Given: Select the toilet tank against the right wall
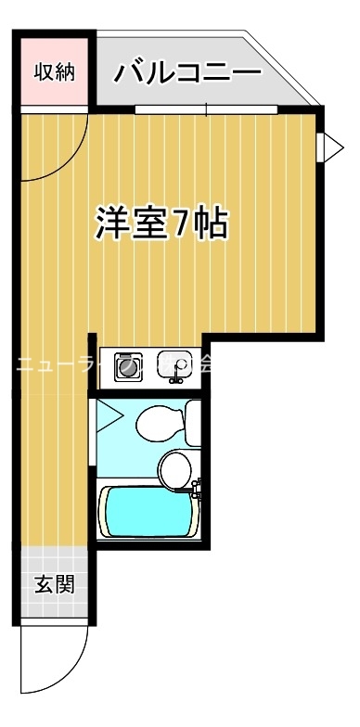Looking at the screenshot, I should coord(193,422).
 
